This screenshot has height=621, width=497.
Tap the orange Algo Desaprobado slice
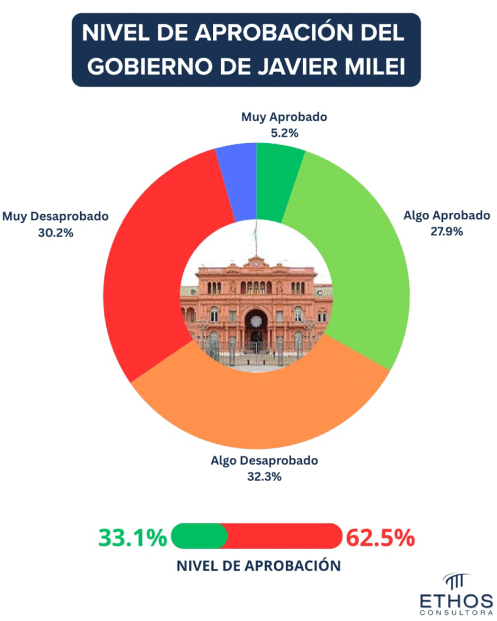click(261, 412)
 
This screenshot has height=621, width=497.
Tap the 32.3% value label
click(264, 477)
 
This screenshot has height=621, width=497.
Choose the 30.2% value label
click(55, 231)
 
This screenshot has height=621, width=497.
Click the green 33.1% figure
click(132, 537)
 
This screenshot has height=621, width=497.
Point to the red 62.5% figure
click(380, 537)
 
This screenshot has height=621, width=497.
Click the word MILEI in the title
click(374, 65)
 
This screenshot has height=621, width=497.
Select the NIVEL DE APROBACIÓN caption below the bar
click(259, 566)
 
